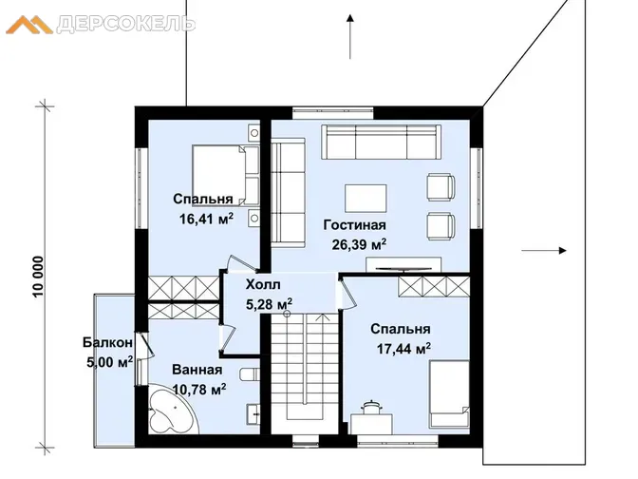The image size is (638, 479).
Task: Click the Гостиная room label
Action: tap(354, 225)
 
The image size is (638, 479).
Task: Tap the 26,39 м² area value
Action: tap(359, 244)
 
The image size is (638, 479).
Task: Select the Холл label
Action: tap(263, 284)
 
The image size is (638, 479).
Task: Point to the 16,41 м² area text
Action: tap(206, 219)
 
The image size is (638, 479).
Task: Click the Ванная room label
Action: tap(197, 370)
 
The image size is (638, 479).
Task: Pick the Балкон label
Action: tap(108, 342)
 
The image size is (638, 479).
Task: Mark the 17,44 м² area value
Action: tap(403, 349)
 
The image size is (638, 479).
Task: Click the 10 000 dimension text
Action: tap(37, 277)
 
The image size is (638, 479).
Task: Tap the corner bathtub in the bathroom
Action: tap(173, 409)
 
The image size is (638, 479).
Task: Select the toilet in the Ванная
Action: tap(250, 374)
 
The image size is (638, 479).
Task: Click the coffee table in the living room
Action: tap(366, 199)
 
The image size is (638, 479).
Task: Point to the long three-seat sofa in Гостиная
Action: tap(381, 142)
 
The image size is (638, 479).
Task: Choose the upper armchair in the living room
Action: tap(441, 187)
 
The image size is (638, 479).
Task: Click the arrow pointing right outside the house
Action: tap(544, 251)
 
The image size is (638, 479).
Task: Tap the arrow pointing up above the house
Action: tap(350, 37)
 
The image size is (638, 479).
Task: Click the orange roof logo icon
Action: tap(29, 25)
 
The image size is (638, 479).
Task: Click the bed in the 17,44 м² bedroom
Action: tap(449, 394)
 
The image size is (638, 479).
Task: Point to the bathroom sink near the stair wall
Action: tap(253, 414)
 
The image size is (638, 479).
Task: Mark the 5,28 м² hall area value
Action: tap(269, 304)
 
